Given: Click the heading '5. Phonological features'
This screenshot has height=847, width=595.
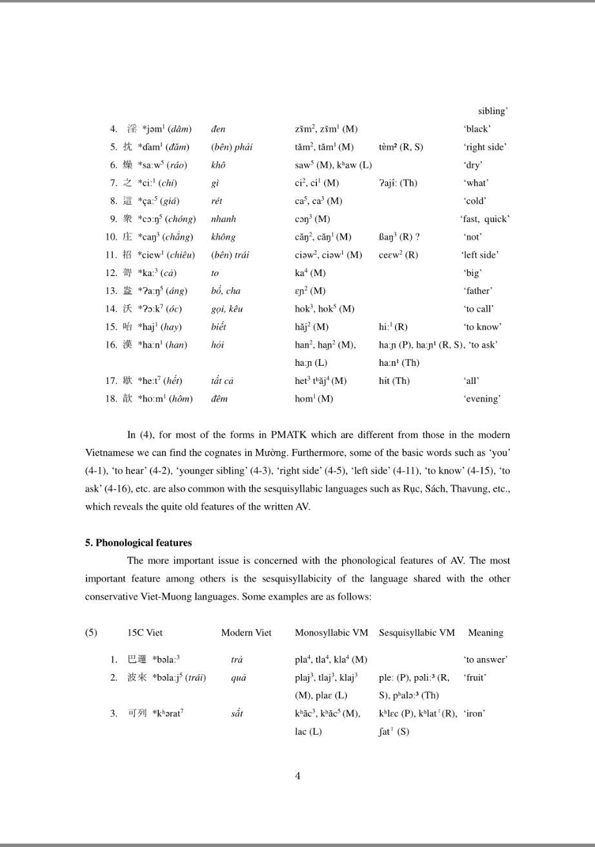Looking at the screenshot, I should point(138,543).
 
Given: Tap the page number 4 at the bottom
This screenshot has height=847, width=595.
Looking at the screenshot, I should point(297,776).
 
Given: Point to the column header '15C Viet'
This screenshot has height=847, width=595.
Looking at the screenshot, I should point(145,633).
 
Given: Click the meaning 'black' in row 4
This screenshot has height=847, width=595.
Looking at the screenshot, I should point(477,129).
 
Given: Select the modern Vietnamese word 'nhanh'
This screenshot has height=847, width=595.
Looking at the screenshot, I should point(223,219).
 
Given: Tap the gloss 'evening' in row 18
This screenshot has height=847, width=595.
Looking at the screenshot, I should point(481,399).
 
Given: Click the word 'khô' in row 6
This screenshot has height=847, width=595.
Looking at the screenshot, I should point(218,164).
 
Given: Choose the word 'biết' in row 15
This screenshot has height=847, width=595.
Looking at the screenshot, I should point(219,326).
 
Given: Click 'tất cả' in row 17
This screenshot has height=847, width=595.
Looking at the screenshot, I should point(222,381).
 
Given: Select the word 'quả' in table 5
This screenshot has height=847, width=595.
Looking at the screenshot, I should point(237,677).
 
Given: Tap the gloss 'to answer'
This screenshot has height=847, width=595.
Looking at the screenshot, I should point(485,659).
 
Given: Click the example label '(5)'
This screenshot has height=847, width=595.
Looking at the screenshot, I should point(91,633).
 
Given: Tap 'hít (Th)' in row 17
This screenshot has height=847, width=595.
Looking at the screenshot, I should point(394,381).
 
